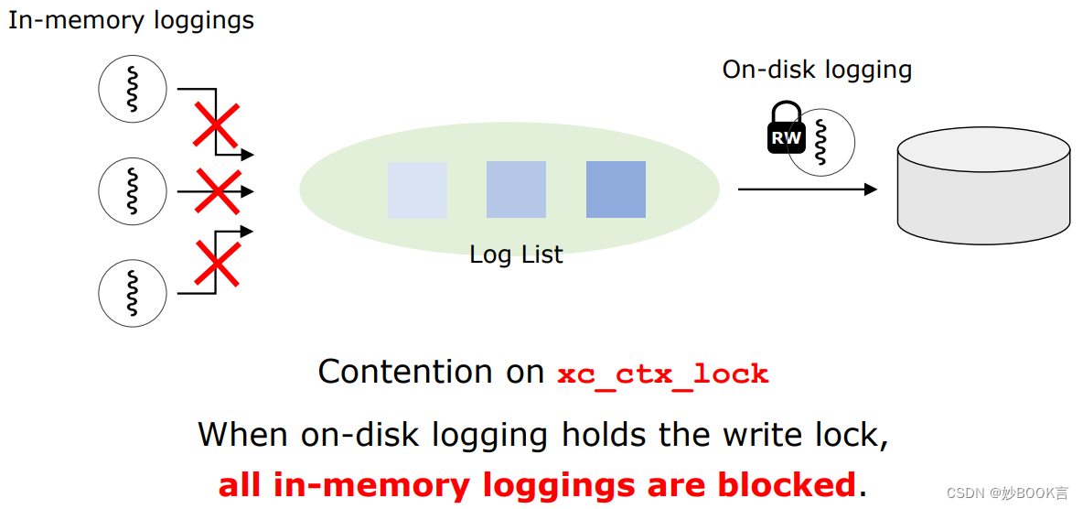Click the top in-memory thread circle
(133, 89)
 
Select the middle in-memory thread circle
(133, 191)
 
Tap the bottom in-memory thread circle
(133, 293)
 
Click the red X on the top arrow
(217, 125)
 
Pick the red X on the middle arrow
(218, 191)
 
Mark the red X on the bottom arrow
(217, 263)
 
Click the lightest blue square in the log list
(417, 190)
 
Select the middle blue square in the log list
(516, 190)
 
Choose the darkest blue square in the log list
(616, 190)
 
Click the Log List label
(516, 254)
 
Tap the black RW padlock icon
(785, 130)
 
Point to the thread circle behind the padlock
(828, 144)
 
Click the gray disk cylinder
(982, 191)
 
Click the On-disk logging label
(817, 70)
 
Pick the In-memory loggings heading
(131, 20)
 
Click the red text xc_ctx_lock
(662, 374)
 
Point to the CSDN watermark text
(1006, 493)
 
